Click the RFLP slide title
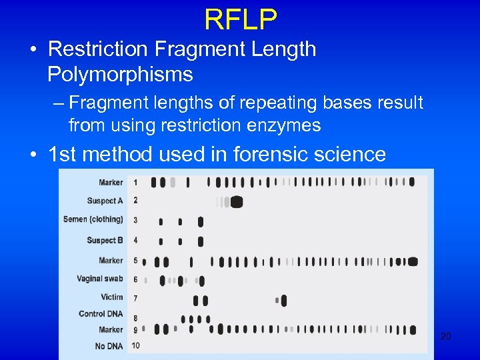click(240, 19)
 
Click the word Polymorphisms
click(120, 75)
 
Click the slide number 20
click(446, 337)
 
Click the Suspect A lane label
click(105, 201)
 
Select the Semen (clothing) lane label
click(93, 219)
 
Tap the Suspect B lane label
click(105, 240)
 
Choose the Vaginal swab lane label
click(100, 279)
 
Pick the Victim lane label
click(112, 297)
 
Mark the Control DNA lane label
click(101, 314)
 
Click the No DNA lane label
click(109, 346)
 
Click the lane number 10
click(135, 345)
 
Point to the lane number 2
click(135, 200)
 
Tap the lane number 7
click(135, 298)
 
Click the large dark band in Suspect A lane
click(235, 202)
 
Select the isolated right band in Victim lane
click(284, 301)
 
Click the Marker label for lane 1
click(111, 182)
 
